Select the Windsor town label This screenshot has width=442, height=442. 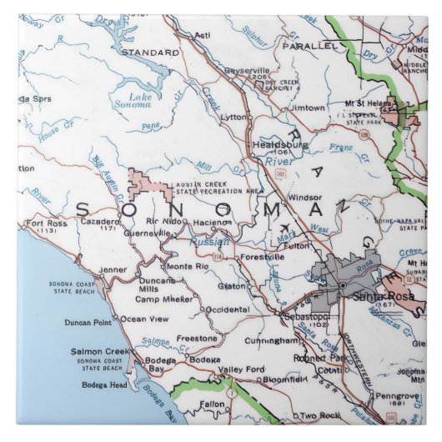point(304,198)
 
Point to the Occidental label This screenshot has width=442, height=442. point(228,309)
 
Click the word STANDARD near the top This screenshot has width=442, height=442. point(150,52)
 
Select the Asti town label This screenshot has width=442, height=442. point(202,35)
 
